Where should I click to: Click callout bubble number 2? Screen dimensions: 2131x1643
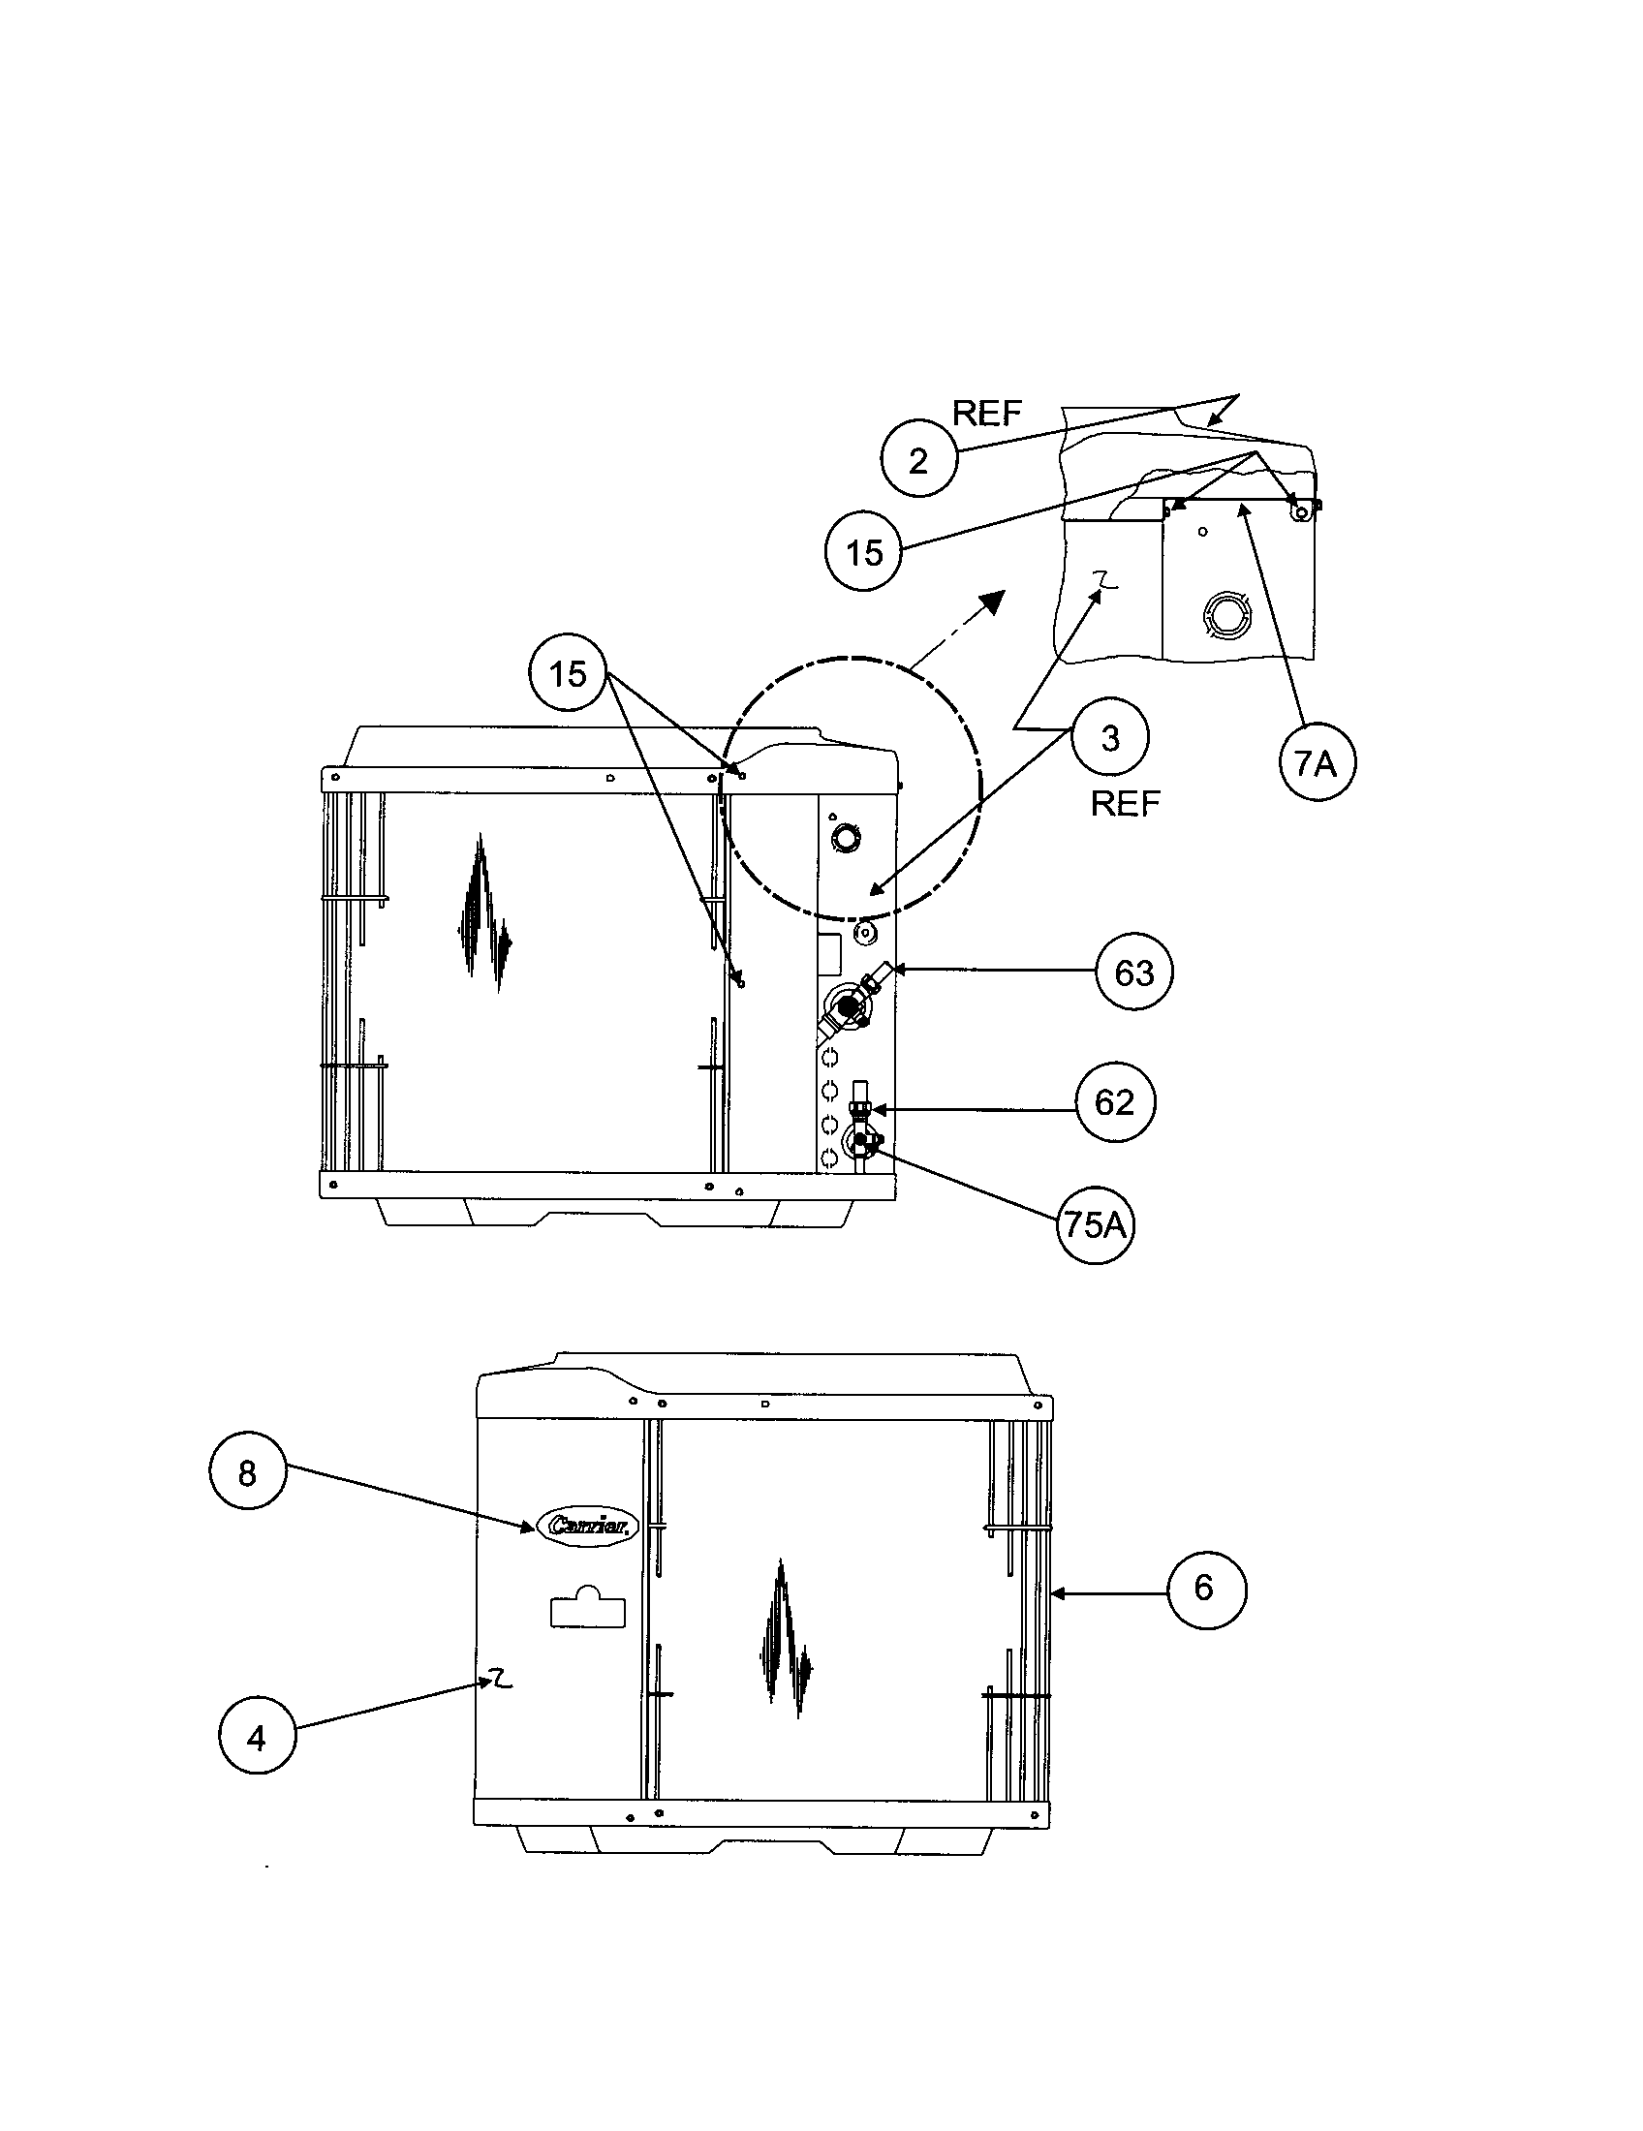918,459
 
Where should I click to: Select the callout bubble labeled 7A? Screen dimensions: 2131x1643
1317,763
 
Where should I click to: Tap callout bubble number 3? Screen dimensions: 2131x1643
1109,739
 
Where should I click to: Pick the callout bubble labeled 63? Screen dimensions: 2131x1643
1133,972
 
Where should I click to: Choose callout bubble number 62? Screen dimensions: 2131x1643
1114,1101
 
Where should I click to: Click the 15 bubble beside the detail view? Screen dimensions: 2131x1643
863,553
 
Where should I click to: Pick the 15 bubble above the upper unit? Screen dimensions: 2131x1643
568,673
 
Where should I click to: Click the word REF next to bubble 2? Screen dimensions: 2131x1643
986,414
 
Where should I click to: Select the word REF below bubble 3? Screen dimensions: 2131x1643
1125,803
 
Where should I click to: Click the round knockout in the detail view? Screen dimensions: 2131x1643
1226,616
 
